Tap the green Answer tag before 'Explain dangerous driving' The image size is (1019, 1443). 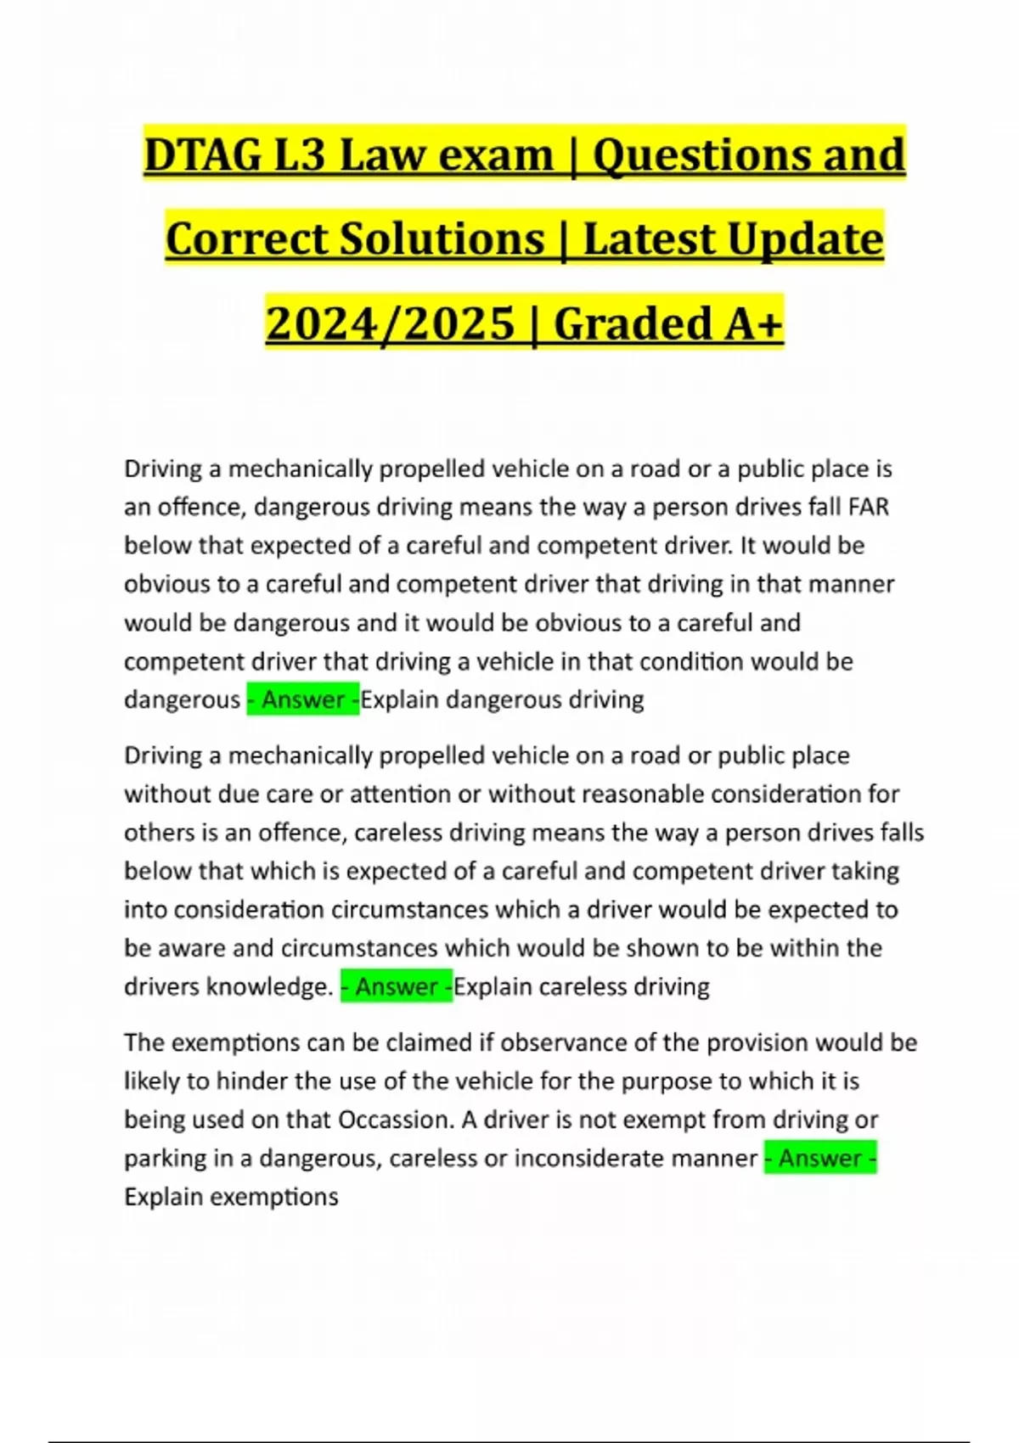[303, 699]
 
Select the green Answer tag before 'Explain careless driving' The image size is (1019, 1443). [397, 986]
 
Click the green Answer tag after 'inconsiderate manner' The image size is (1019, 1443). [820, 1158]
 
